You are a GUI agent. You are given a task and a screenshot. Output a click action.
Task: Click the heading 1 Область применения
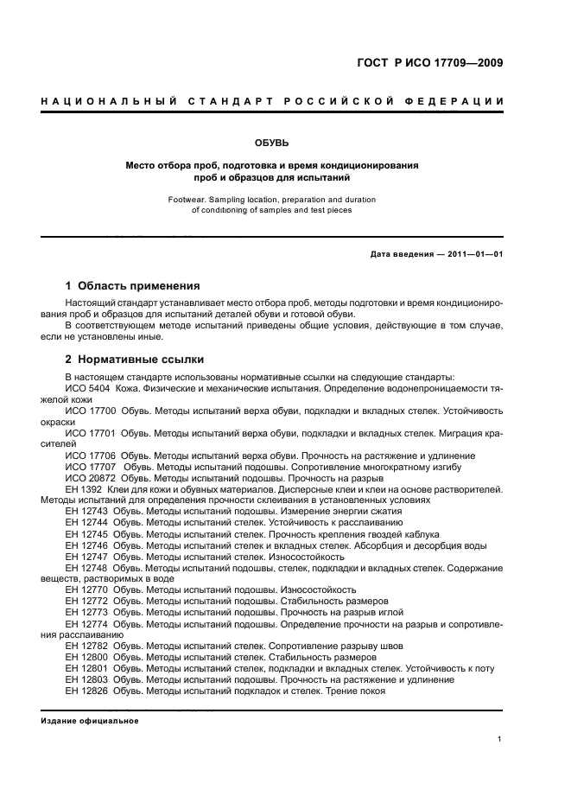(133, 285)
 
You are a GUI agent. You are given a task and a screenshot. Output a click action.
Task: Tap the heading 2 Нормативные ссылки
(135, 360)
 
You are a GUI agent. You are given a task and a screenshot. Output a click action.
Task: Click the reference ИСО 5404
(86, 389)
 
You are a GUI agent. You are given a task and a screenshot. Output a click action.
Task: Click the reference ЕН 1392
(83, 489)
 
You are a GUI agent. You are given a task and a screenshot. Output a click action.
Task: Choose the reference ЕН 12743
(86, 512)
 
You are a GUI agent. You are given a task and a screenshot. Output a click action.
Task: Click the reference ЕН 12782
(86, 646)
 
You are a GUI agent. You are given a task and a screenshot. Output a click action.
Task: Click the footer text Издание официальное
(90, 721)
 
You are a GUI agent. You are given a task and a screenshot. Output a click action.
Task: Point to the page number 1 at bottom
(501, 739)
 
